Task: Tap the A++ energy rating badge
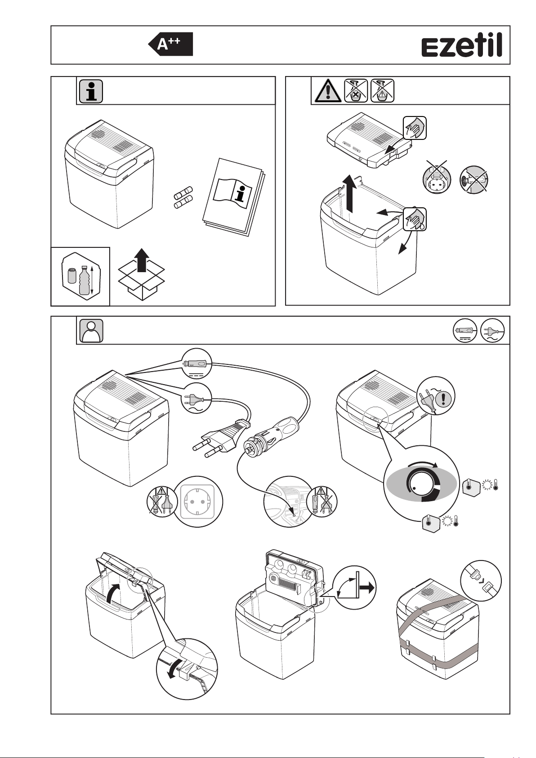pyautogui.click(x=171, y=44)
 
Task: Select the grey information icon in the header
pyautogui.click(x=91, y=91)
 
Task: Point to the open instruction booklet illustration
pyautogui.click(x=233, y=195)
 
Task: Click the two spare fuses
pyautogui.click(x=183, y=198)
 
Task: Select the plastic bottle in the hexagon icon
pyautogui.click(x=84, y=281)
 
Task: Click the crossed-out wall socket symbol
pyautogui.click(x=437, y=178)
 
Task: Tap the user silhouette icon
pyautogui.click(x=91, y=331)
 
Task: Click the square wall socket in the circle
pyautogui.click(x=198, y=501)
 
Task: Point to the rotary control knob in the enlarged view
pyautogui.click(x=423, y=486)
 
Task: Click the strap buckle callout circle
pyautogui.click(x=481, y=580)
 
